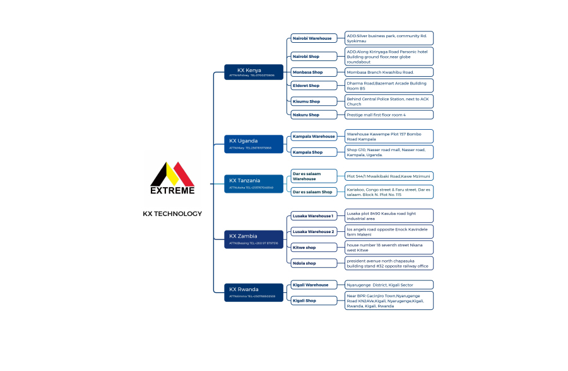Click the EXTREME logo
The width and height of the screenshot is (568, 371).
pyautogui.click(x=172, y=178)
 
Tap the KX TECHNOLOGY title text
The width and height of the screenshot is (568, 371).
pyautogui.click(x=172, y=214)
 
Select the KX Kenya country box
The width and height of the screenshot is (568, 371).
pyautogui.click(x=249, y=72)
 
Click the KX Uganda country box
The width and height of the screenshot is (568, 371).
pyautogui.click(x=249, y=143)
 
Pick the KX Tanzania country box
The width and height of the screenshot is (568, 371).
pyautogui.click(x=249, y=183)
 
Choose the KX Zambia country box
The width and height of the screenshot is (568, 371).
pyautogui.click(x=249, y=239)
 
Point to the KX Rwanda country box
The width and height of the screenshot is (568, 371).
pyautogui.click(x=249, y=292)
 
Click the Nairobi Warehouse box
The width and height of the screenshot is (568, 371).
pyautogui.click(x=314, y=38)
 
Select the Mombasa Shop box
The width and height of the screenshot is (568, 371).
pyautogui.click(x=314, y=72)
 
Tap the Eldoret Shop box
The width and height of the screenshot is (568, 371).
pyautogui.click(x=314, y=86)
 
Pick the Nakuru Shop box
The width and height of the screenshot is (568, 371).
pyautogui.click(x=314, y=115)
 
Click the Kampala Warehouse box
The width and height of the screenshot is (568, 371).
pyautogui.click(x=314, y=136)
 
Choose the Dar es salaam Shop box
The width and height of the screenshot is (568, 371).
pyautogui.click(x=314, y=191)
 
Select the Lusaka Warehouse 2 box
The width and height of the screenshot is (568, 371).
pyautogui.click(x=314, y=232)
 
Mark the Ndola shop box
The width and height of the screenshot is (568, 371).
pyautogui.click(x=314, y=263)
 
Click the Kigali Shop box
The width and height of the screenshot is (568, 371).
pyautogui.click(x=314, y=300)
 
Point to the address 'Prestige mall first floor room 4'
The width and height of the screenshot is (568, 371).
pyautogui.click(x=389, y=115)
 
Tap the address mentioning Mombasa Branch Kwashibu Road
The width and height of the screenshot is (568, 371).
pyautogui.click(x=389, y=72)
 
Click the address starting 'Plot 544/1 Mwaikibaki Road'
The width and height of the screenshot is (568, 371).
pyautogui.click(x=389, y=176)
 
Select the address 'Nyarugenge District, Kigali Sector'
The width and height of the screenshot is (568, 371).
pyautogui.click(x=389, y=285)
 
